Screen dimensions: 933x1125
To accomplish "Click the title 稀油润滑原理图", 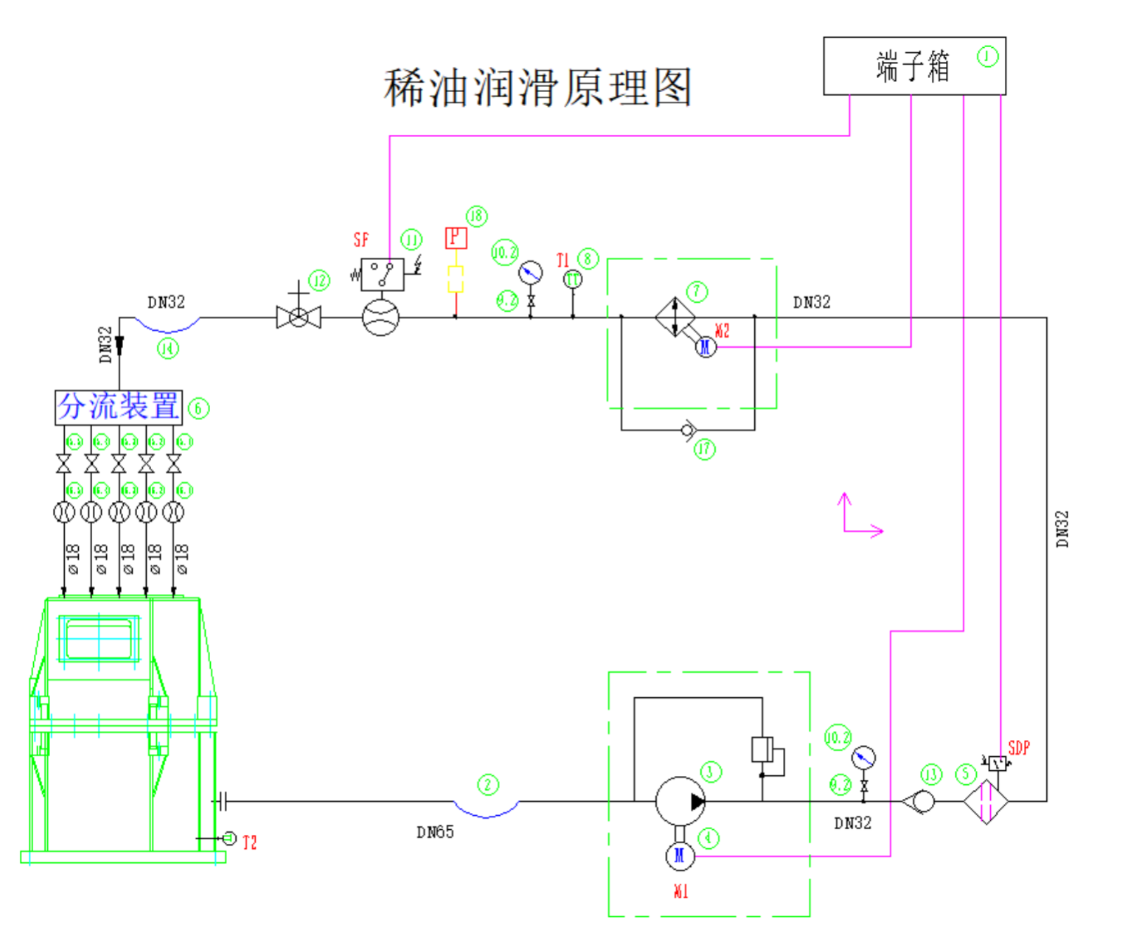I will [537, 88].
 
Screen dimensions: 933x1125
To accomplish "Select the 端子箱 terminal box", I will [913, 66].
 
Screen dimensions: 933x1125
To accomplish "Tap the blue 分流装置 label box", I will [119, 407].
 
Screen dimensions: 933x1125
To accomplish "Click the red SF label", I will [361, 240].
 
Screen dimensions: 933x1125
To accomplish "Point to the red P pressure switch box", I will [456, 237].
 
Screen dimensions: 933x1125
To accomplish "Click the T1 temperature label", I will [562, 260].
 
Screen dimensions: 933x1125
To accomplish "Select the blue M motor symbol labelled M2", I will [706, 346].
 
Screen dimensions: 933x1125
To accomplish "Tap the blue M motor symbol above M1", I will [680, 855].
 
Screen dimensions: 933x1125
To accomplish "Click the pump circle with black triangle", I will [680, 801].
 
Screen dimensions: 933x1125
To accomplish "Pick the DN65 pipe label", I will [435, 832].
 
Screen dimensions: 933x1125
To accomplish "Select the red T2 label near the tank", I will [250, 842].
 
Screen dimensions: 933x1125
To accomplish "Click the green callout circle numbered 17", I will [704, 448].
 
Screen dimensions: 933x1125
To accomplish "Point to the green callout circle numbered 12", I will [318, 280].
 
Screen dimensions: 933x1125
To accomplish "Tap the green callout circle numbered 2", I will [487, 784].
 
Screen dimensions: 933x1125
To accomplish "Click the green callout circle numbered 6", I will [198, 408].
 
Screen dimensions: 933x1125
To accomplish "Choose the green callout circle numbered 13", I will [930, 774].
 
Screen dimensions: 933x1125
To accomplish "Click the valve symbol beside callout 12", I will [298, 318].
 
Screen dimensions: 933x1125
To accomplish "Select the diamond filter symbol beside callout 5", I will [986, 801].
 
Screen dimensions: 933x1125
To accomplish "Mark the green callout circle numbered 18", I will [476, 216].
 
